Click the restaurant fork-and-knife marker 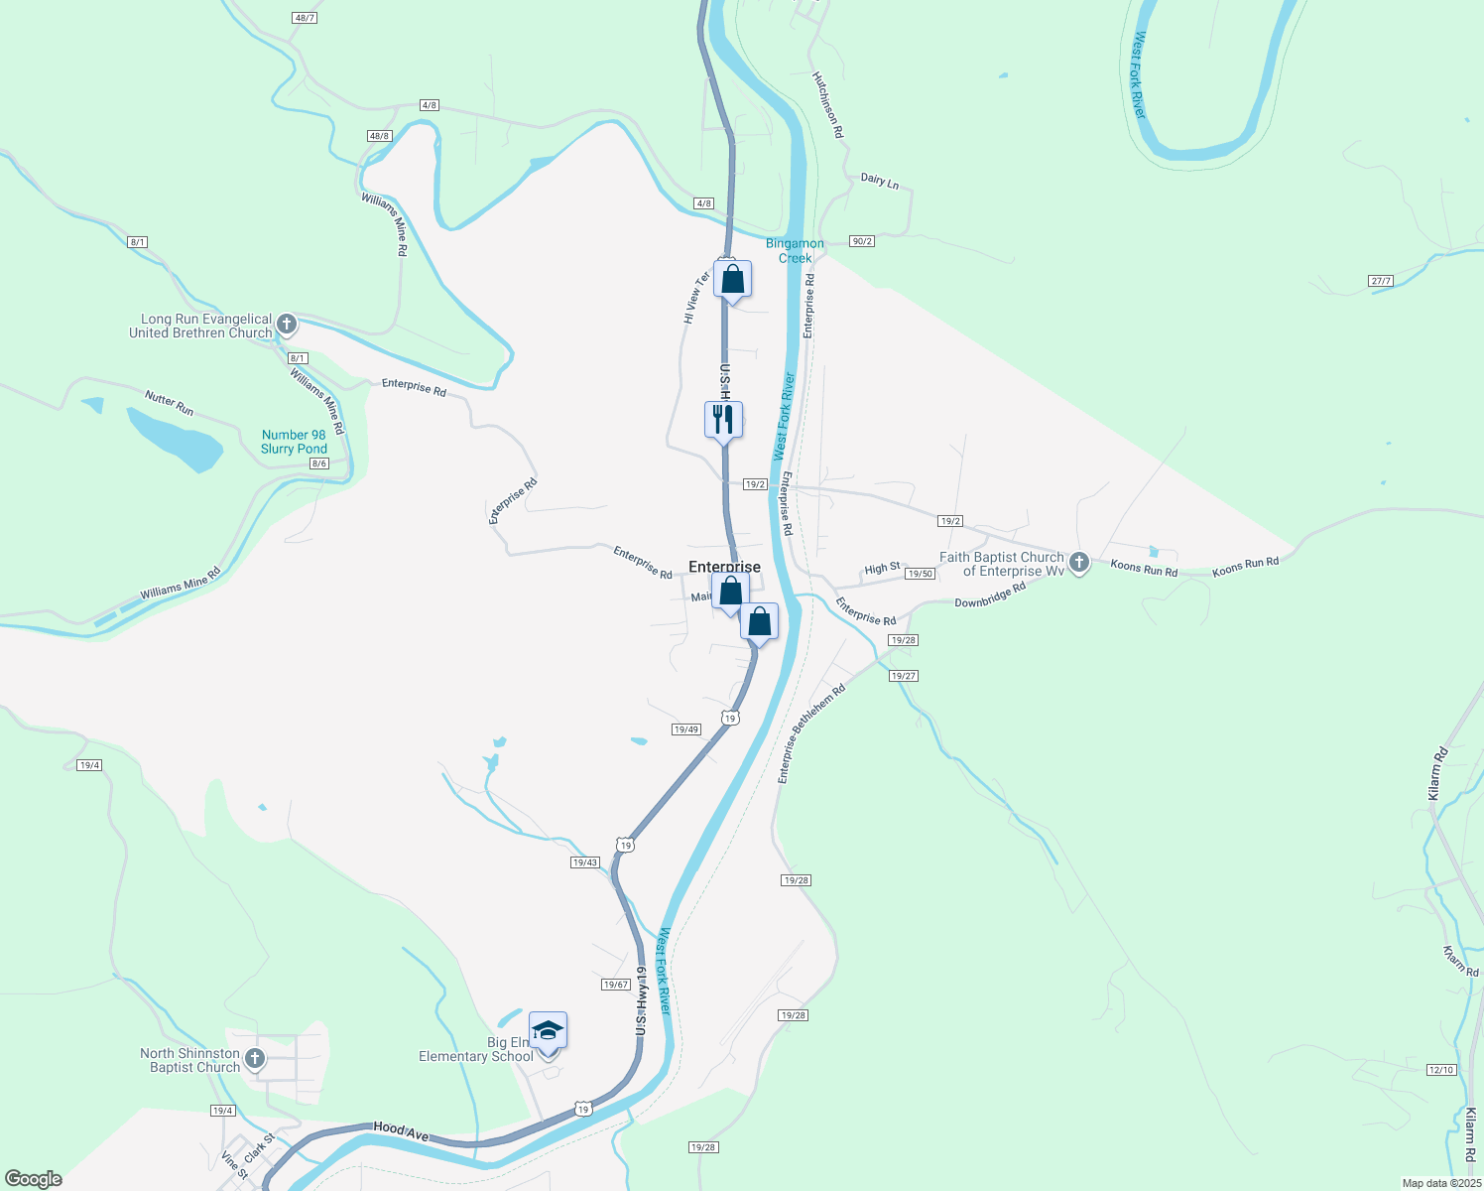pos(723,418)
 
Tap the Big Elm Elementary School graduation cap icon pos(548,1031)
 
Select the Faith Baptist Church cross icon pos(1079,563)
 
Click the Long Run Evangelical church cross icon pos(287,324)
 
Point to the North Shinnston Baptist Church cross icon pos(255,1059)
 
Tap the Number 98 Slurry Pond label pos(294,442)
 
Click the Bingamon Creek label pos(795,250)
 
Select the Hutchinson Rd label pos(827,104)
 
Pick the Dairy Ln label pos(880,181)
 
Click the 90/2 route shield pos(862,241)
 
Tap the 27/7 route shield pos(1381,281)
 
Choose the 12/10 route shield pos(1441,1069)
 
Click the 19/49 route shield pos(686,729)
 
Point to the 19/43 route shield pos(585,862)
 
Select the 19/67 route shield pos(616,985)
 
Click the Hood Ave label pos(402,1130)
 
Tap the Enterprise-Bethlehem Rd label pos(811,733)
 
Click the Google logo pos(34,1179)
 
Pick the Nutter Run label pos(170,403)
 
